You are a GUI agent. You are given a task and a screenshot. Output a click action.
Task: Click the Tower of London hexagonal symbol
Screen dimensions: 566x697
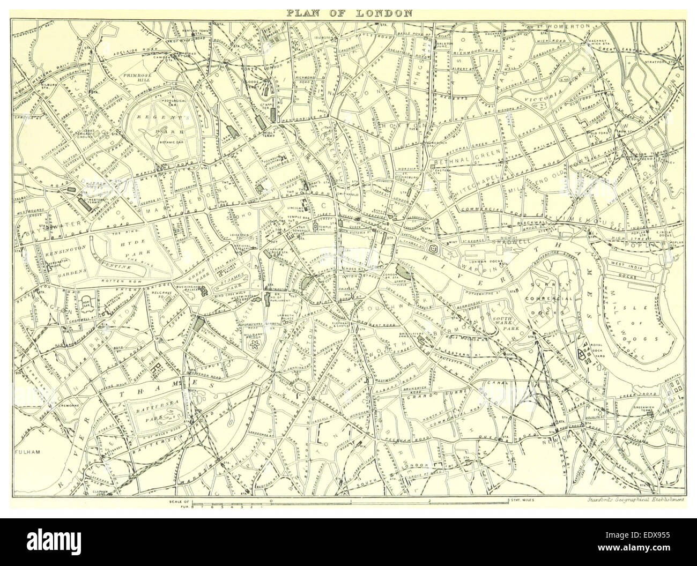pos(433,249)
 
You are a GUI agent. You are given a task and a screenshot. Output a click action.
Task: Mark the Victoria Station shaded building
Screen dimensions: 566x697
pos(201,324)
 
